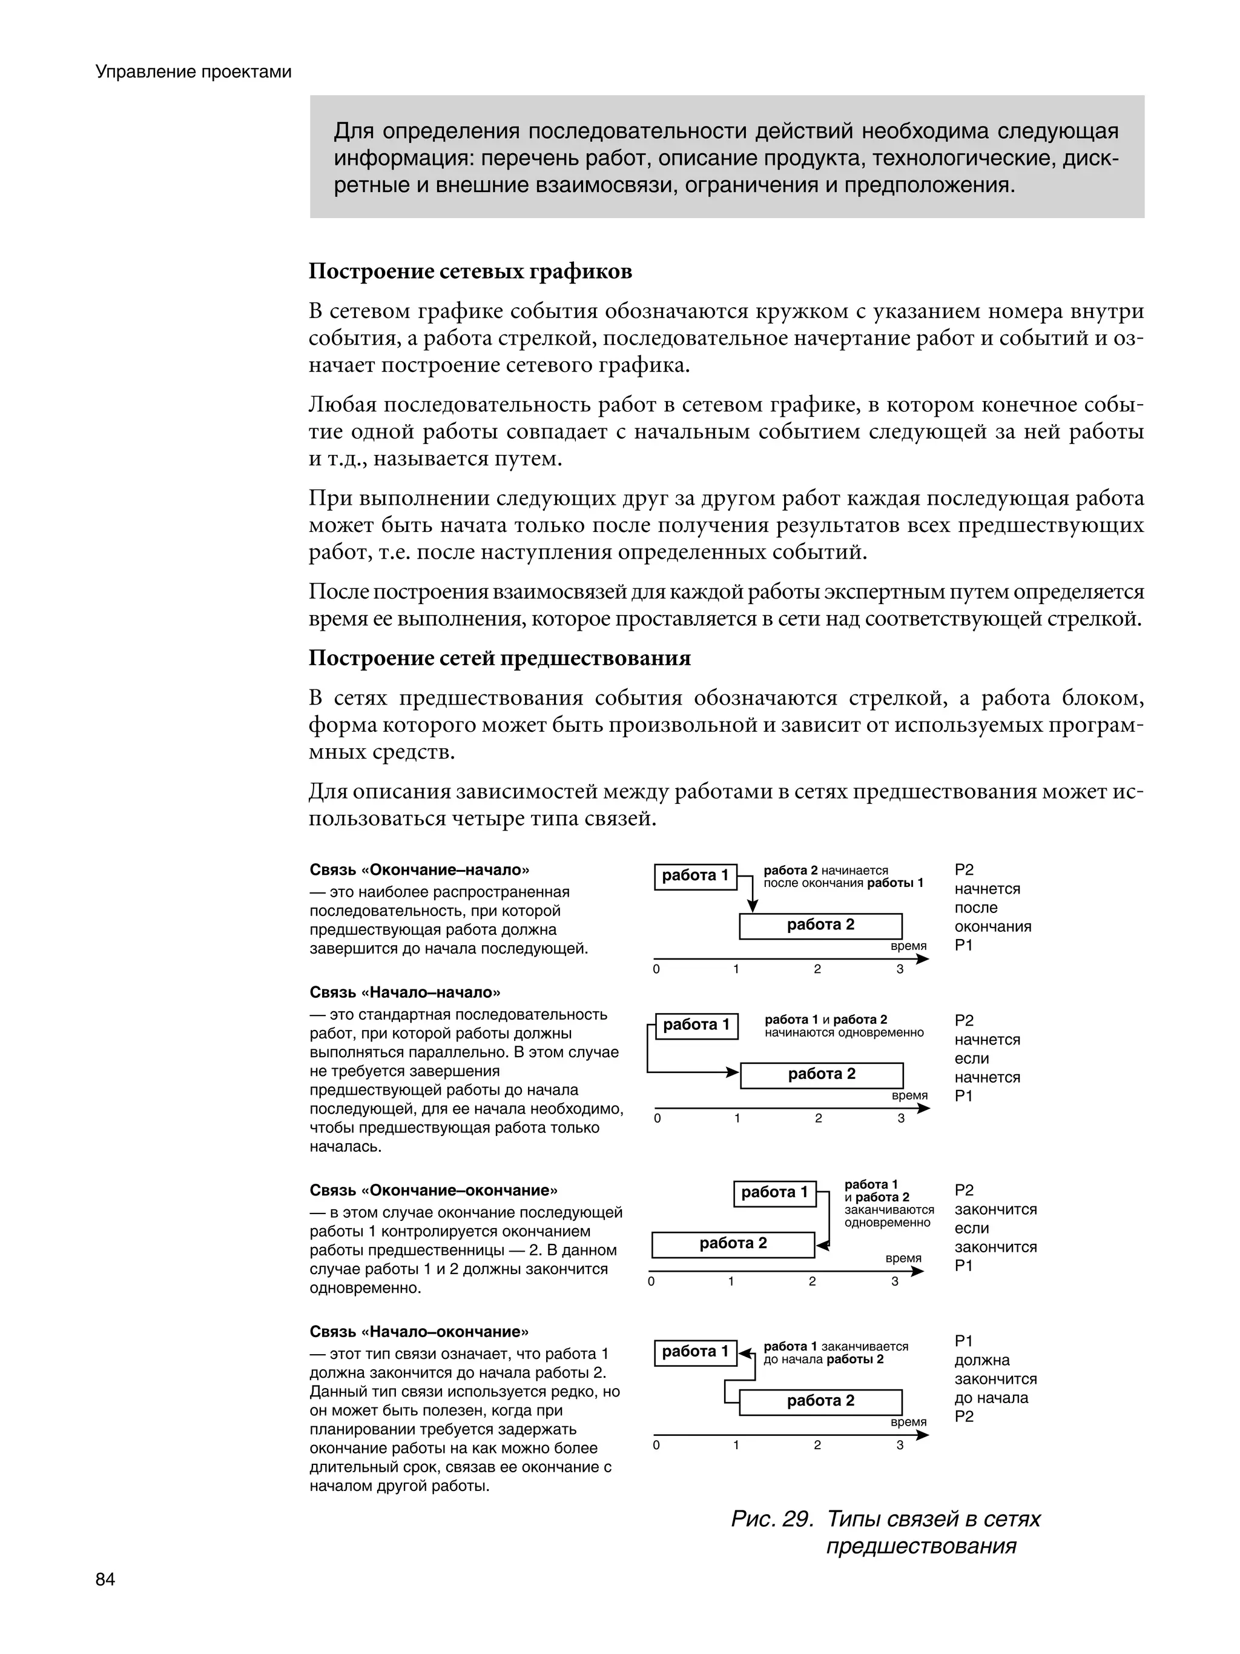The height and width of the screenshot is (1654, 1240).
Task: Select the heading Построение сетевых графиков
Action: [470, 271]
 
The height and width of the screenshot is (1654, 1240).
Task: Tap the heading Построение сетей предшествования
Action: [500, 657]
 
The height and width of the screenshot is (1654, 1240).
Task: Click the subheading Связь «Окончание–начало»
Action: [420, 869]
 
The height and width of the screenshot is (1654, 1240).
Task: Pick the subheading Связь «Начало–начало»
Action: [404, 992]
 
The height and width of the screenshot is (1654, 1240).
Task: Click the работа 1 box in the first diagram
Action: [695, 875]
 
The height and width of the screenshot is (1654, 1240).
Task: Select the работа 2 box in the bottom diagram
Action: [820, 1401]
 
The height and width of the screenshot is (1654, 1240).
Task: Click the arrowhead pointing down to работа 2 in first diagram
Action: [753, 907]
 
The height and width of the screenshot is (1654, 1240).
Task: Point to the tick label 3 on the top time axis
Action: [900, 969]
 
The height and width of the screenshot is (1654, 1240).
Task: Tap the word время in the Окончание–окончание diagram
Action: [903, 1258]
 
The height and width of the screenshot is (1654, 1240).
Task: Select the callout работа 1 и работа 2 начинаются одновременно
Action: [844, 1026]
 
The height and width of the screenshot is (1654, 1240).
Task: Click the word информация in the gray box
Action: [404, 159]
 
